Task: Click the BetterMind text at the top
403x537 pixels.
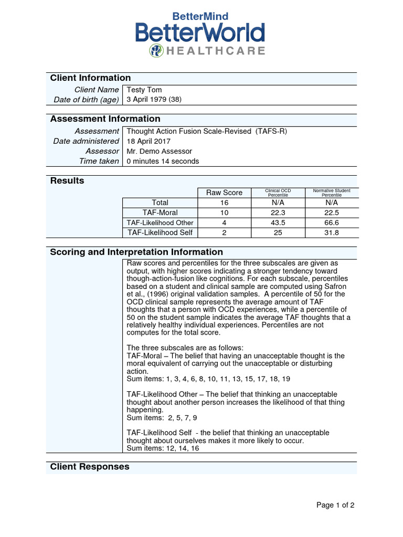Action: coord(201,17)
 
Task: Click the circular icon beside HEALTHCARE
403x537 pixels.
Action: coord(156,50)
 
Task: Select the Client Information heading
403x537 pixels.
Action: coord(90,78)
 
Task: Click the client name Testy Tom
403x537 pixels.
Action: coord(144,90)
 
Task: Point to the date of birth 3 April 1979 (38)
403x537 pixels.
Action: coord(154,100)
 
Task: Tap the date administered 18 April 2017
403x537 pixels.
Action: coord(149,141)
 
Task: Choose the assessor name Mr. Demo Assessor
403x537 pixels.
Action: coord(160,151)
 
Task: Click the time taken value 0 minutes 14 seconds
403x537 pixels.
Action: coord(163,161)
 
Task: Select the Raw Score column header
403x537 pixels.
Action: coord(224,192)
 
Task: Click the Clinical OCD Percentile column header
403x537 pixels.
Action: coord(278,192)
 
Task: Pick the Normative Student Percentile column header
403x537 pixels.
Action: coord(331,192)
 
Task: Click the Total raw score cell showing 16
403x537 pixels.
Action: coord(224,202)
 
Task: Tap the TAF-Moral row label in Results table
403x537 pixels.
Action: coord(160,212)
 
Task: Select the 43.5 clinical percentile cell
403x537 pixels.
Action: coord(278,222)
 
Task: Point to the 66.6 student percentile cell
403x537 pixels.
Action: coord(331,222)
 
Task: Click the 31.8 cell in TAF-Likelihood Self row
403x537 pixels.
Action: coord(331,232)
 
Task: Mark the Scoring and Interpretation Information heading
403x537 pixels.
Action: coord(136,252)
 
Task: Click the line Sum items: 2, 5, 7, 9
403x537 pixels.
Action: coord(162,418)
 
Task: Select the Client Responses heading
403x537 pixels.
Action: coord(90,467)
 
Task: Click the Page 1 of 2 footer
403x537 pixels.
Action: coord(335,506)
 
